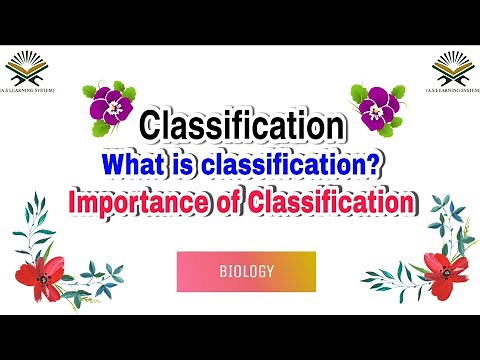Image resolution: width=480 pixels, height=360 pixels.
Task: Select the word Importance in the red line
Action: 131,201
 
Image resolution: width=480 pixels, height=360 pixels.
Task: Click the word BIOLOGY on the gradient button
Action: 246,270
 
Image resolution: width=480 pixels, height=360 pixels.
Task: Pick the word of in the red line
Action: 226,201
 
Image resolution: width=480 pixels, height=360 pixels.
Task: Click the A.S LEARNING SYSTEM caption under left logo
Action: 28,90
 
